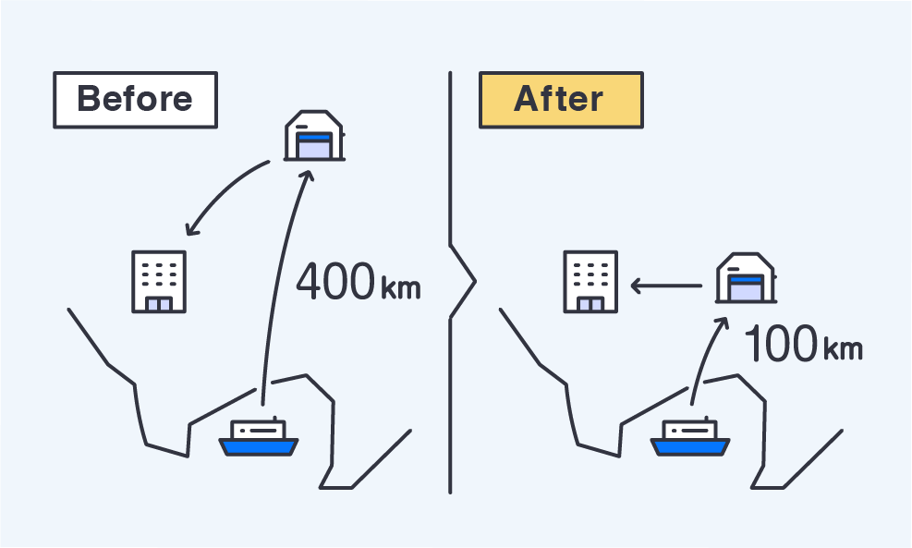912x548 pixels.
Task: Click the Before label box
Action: [135, 100]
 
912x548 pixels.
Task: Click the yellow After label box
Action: [560, 100]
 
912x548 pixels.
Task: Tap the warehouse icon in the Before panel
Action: [314, 136]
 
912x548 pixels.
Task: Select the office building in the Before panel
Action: [158, 280]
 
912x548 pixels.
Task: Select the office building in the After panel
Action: [590, 280]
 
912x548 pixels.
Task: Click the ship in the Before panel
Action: [259, 437]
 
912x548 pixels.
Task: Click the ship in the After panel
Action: [690, 437]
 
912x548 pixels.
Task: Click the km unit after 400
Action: [400, 287]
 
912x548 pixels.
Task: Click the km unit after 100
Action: [841, 349]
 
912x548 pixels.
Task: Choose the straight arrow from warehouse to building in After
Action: [665, 286]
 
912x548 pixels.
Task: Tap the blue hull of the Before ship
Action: [259, 447]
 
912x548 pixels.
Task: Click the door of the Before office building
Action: [158, 304]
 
